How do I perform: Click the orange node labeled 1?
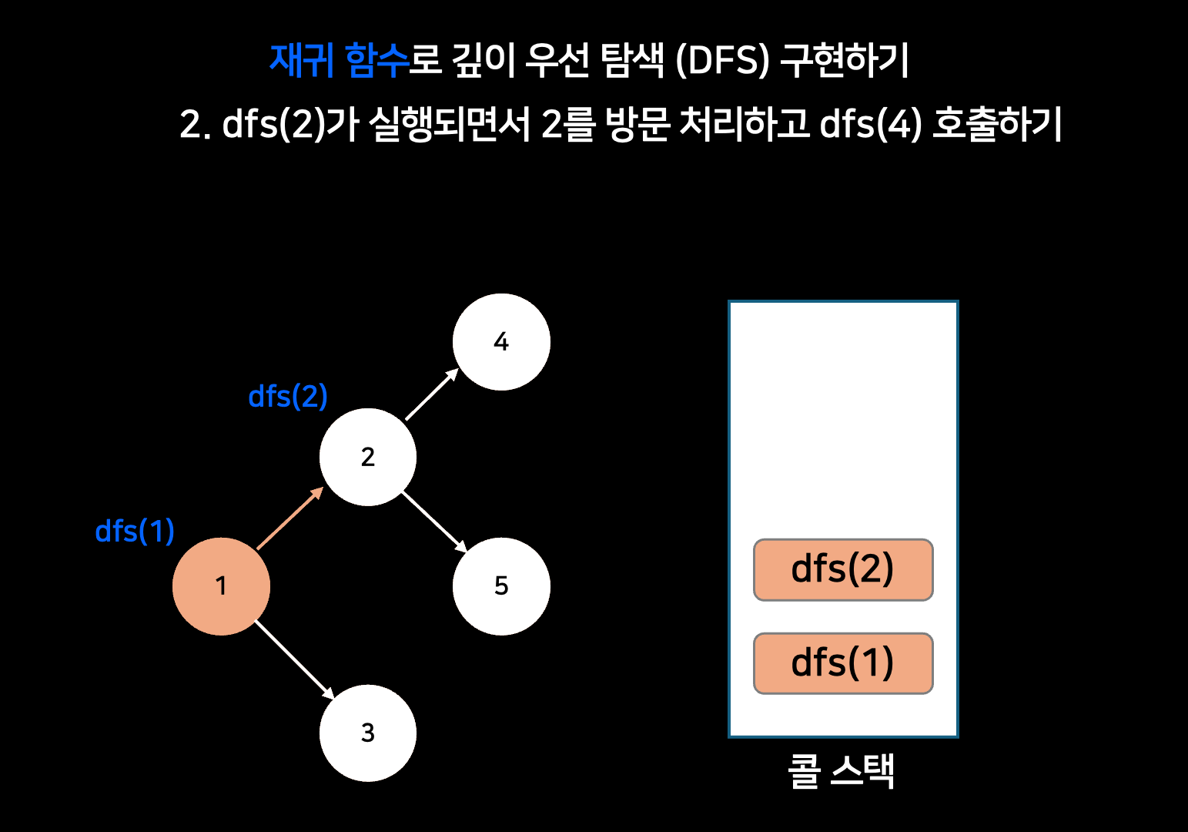[x=221, y=586]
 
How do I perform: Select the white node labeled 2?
[x=368, y=457]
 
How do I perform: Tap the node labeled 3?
[x=368, y=733]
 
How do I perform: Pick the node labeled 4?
[x=501, y=341]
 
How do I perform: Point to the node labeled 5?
[x=501, y=586]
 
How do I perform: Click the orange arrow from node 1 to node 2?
[x=289, y=518]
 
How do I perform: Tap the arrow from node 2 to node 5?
[x=434, y=522]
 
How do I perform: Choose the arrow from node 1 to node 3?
[x=294, y=659]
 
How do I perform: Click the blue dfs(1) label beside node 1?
[x=135, y=532]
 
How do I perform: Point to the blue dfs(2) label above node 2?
[x=288, y=397]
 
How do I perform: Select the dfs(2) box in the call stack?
[x=843, y=570]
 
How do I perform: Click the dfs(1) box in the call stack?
[x=843, y=663]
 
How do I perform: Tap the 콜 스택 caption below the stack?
[x=841, y=770]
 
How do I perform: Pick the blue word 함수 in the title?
[x=376, y=60]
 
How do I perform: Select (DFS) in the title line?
[x=722, y=60]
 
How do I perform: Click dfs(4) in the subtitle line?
[x=871, y=124]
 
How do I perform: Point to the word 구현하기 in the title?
[x=845, y=60]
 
